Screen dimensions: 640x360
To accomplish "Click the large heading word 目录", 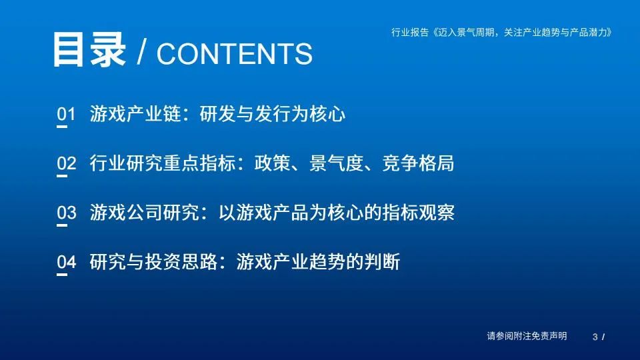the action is (x=89, y=49).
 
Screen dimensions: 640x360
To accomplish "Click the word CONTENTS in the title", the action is (x=234, y=53).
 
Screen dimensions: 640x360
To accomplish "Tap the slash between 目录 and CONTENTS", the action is (x=141, y=52).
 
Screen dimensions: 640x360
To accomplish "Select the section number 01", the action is (x=67, y=114).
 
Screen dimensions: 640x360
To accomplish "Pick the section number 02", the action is (x=67, y=163).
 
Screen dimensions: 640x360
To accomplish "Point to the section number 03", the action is (x=67, y=213).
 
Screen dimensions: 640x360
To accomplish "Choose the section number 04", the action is (x=67, y=261).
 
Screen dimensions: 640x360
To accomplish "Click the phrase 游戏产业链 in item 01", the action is (x=135, y=114).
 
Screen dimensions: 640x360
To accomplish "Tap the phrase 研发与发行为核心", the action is (x=273, y=114).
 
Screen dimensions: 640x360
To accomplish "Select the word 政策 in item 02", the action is (x=272, y=163).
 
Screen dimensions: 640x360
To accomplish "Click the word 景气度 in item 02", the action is (x=336, y=163).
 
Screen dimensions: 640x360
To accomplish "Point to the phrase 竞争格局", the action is (x=419, y=163).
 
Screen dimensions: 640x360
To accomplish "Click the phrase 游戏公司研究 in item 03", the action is (x=145, y=213).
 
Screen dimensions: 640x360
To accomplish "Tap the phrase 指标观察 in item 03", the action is (x=419, y=213).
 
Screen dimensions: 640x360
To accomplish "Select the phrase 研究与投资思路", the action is (x=153, y=261).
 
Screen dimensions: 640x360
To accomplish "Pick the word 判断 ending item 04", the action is (x=382, y=261).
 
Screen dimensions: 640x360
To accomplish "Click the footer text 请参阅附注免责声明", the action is (x=527, y=336).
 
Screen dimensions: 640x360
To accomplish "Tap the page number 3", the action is (x=595, y=337).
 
